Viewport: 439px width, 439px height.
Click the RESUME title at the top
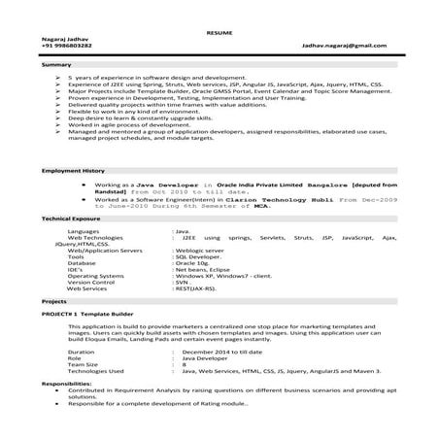(x=219, y=32)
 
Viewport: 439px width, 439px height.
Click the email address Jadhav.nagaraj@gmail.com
(x=358, y=47)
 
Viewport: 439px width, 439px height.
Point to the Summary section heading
(x=56, y=64)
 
